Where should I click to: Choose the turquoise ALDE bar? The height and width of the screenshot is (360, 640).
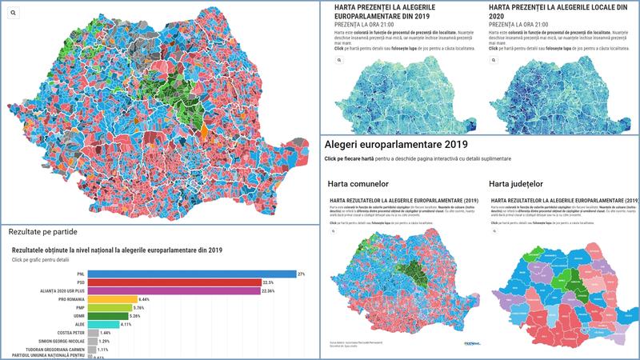click(x=102, y=324)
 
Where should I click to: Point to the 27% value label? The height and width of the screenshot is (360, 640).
click(x=302, y=274)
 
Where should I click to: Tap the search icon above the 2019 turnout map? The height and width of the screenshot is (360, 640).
click(x=338, y=60)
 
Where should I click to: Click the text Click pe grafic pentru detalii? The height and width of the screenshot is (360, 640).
click(x=48, y=260)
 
